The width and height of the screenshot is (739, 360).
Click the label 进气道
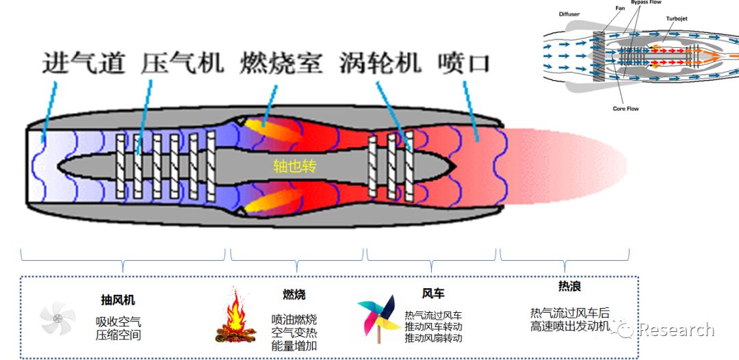coord(83,64)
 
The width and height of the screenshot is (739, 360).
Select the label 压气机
coord(183,64)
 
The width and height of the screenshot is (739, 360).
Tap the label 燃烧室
coord(281,64)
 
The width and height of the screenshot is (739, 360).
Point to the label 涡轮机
coord(380,64)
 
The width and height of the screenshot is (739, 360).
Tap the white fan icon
coord(57,318)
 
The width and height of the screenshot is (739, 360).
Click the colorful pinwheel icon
coord(378,319)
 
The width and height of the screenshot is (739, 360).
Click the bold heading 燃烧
coord(294,294)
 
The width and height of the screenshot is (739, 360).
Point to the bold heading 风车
coord(432,294)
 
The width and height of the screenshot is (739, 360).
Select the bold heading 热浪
coord(569,287)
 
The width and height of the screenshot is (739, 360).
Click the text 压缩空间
coord(118,335)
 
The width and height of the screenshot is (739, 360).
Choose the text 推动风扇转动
coord(433,338)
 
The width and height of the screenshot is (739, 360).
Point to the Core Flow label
coord(625,108)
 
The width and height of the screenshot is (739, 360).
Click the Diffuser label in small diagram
coord(569,14)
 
